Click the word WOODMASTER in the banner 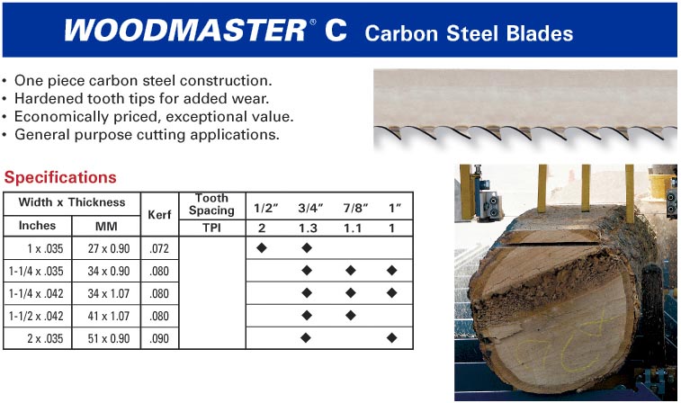click(185, 31)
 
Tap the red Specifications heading click(60, 177)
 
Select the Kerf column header click(159, 214)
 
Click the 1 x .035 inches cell click(45, 249)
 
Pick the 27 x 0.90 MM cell click(109, 249)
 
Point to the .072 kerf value click(159, 249)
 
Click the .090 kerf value click(159, 338)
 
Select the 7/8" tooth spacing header click(355, 208)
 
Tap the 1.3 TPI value click(308, 228)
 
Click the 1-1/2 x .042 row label click(36, 316)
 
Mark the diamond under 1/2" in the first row click(262, 248)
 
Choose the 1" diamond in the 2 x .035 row click(391, 337)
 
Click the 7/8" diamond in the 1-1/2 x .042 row click(351, 315)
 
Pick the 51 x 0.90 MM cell click(109, 338)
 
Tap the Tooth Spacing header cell click(211, 204)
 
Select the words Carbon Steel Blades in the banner click(469, 33)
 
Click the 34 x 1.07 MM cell click(109, 293)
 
